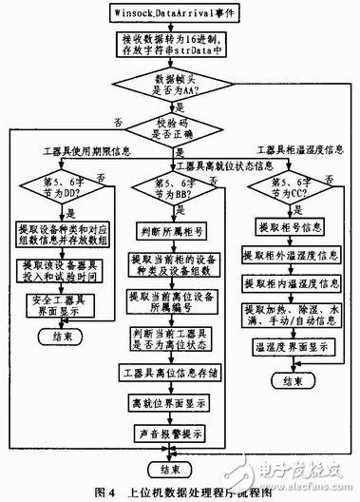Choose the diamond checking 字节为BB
tap(178, 186)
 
